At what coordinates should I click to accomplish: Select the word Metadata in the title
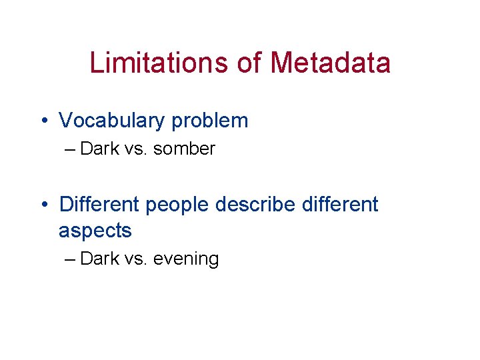click(x=331, y=63)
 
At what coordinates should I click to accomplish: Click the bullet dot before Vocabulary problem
click(x=43, y=121)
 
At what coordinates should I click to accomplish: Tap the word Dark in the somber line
click(x=99, y=149)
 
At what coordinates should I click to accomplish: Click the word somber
click(x=184, y=149)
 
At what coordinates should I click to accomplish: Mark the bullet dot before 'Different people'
click(x=43, y=205)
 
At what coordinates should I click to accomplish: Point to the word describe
click(x=257, y=204)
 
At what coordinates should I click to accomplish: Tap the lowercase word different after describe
click(x=340, y=204)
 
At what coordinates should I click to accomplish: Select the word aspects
click(x=95, y=231)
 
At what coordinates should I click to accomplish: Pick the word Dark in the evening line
click(x=99, y=259)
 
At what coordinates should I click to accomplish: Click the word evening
click(x=186, y=259)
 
